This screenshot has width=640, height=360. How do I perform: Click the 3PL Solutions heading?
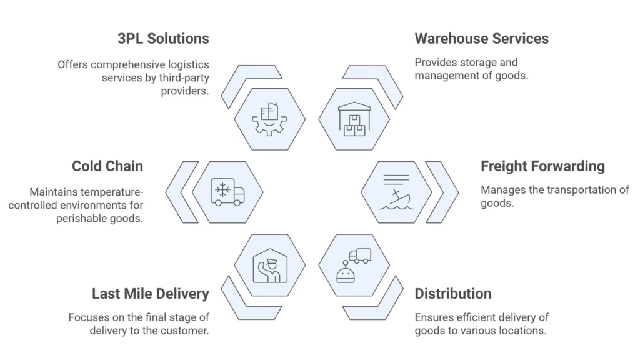(163, 39)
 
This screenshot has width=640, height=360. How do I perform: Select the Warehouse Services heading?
(481, 39)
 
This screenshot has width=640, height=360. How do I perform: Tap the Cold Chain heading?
(107, 166)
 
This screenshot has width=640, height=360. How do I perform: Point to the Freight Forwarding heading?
(542, 166)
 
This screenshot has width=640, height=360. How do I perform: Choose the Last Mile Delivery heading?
(150, 294)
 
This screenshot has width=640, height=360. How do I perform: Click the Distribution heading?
(452, 294)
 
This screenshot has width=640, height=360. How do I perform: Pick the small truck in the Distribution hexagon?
(360, 256)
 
